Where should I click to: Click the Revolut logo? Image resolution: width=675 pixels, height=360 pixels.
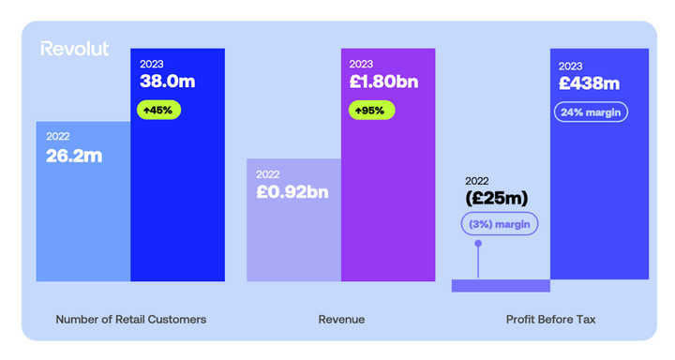pyautogui.click(x=75, y=49)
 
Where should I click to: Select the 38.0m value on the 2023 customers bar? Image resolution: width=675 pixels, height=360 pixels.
pyautogui.click(x=167, y=81)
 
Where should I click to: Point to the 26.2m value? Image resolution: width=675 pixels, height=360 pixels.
pyautogui.click(x=74, y=156)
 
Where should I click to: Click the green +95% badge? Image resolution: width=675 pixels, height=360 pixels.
pyautogui.click(x=372, y=110)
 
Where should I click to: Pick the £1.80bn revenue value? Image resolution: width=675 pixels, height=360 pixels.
pyautogui.click(x=383, y=81)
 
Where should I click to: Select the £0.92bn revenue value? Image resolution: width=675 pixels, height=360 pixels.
pyautogui.click(x=292, y=193)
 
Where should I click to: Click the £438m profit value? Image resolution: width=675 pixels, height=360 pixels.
pyautogui.click(x=589, y=83)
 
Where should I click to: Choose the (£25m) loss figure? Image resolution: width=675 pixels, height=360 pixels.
pyautogui.click(x=497, y=199)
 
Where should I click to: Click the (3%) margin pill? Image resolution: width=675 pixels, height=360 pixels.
pyautogui.click(x=498, y=225)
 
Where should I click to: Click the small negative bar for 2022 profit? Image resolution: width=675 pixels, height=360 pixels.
pyautogui.click(x=501, y=285)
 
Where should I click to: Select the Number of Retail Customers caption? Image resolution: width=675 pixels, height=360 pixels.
pyautogui.click(x=131, y=320)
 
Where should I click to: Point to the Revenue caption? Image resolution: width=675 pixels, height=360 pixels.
pyautogui.click(x=341, y=320)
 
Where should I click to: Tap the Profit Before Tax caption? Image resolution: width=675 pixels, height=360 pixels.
pyautogui.click(x=550, y=320)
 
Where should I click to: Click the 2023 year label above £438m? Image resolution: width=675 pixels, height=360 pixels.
pyautogui.click(x=570, y=66)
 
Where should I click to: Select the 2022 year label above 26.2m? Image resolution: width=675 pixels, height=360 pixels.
pyautogui.click(x=58, y=137)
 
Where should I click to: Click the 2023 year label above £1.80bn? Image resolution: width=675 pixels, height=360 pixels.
pyautogui.click(x=361, y=64)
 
